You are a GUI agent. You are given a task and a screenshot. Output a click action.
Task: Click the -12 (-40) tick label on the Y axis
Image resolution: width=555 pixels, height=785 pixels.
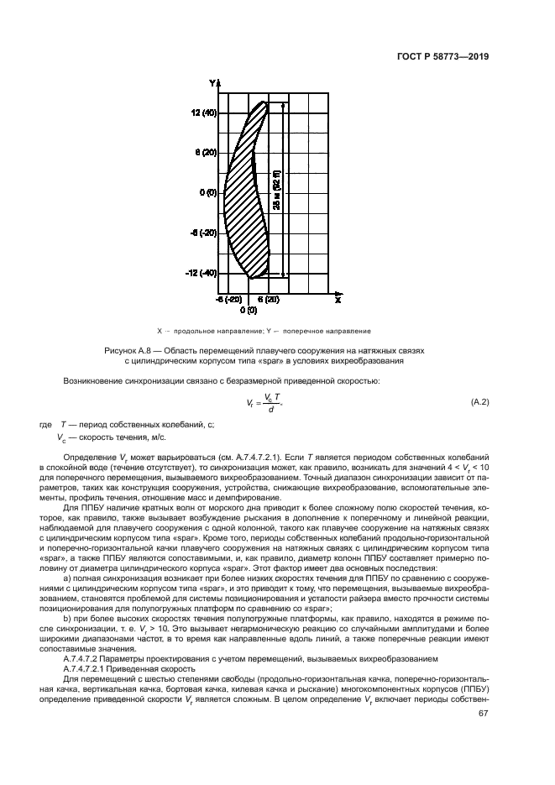click(202, 273)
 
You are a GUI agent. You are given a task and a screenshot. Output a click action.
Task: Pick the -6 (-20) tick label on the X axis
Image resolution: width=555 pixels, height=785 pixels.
click(228, 299)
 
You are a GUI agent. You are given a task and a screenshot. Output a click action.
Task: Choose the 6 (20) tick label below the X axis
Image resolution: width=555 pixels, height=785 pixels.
click(268, 299)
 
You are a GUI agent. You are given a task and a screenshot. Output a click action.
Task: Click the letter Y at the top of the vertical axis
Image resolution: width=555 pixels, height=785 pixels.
click(214, 82)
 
